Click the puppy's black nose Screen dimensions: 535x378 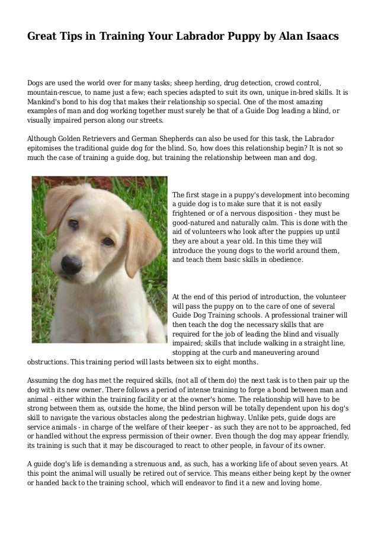tap(72, 264)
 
